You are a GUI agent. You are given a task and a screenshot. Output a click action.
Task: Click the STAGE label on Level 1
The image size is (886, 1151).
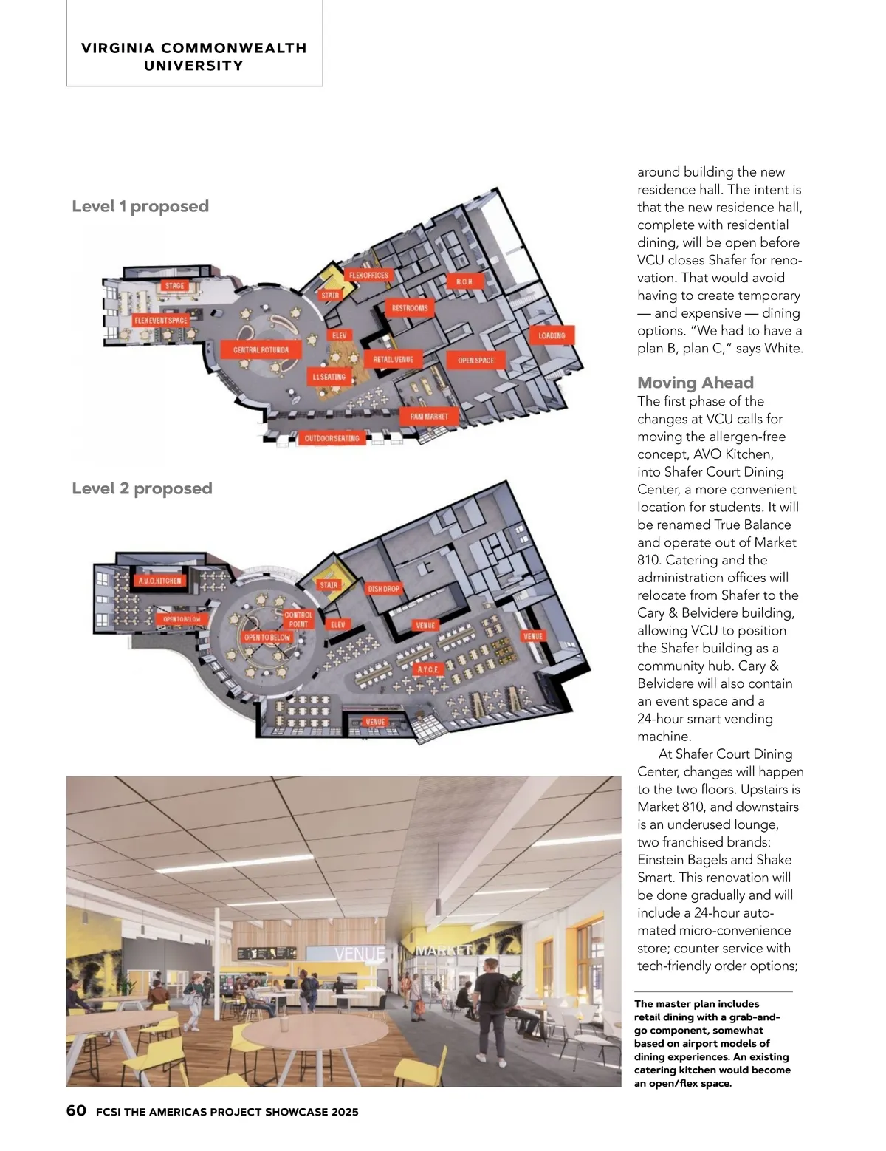[175, 286]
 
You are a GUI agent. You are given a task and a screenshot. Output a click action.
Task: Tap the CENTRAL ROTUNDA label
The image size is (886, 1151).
[261, 349]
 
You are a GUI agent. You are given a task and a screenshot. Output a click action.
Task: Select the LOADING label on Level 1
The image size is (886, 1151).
[552, 335]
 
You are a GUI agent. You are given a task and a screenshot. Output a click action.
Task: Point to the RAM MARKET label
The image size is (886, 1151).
[429, 417]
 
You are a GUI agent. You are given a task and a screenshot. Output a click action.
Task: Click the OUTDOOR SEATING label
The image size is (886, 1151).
[332, 438]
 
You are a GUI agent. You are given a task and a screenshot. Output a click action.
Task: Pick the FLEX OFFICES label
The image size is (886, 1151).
[368, 276]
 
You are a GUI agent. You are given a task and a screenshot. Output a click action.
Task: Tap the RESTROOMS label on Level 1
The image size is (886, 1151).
[410, 308]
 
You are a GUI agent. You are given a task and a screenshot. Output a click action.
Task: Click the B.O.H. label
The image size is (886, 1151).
[464, 282]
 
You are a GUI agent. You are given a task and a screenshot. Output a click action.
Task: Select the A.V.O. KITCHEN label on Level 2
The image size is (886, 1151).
[159, 581]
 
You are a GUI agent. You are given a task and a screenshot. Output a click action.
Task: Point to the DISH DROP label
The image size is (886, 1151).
[384, 589]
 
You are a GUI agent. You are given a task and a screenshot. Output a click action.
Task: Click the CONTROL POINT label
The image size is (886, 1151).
[298, 619]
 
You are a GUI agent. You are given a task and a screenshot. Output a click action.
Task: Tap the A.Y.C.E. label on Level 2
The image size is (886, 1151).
[428, 669]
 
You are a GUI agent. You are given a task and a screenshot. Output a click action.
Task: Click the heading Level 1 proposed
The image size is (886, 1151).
[140, 206]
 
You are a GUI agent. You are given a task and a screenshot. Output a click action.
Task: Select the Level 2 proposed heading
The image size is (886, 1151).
[142, 488]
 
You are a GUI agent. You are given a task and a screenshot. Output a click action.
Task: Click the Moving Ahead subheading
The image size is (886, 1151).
[696, 383]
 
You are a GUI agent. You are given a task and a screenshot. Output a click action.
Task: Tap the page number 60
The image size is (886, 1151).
[76, 1110]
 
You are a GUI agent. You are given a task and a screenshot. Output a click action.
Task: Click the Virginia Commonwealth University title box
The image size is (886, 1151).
[194, 57]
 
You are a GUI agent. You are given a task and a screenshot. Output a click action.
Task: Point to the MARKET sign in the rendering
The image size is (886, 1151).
[443, 950]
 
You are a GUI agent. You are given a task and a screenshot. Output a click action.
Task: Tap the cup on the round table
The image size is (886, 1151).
[283, 1023]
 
